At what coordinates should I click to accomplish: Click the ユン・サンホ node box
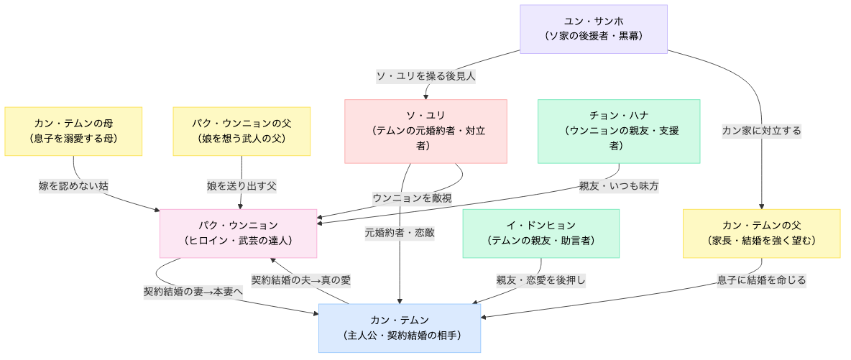pyautogui.click(x=594, y=29)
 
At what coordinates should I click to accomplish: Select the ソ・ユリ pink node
pyautogui.click(x=425, y=131)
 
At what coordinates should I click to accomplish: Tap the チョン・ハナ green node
pyautogui.click(x=618, y=131)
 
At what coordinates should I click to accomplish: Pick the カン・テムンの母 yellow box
pyautogui.click(x=73, y=131)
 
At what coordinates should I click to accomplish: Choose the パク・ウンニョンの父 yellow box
pyautogui.click(x=241, y=131)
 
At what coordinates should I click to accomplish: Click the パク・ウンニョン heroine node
pyautogui.click(x=238, y=233)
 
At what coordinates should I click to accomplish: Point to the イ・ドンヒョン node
pyautogui.click(x=540, y=233)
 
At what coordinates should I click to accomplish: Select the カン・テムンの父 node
pyautogui.click(x=761, y=233)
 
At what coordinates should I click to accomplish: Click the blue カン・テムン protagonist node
pyautogui.click(x=400, y=328)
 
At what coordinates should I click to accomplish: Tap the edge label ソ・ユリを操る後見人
pyautogui.click(x=426, y=75)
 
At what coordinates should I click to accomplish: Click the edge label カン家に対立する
pyautogui.click(x=761, y=131)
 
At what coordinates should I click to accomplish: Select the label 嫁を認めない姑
pyautogui.click(x=73, y=185)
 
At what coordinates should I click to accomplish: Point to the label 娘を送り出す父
pyautogui.click(x=241, y=185)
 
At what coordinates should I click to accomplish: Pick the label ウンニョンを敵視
pyautogui.click(x=412, y=198)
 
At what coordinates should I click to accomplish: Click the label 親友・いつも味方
pyautogui.click(x=619, y=185)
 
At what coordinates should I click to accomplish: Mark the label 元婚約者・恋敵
pyautogui.click(x=400, y=233)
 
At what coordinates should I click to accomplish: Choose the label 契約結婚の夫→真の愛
pyautogui.click(x=300, y=280)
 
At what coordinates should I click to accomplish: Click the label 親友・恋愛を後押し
pyautogui.click(x=540, y=280)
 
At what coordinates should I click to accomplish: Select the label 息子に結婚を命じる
pyautogui.click(x=761, y=280)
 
